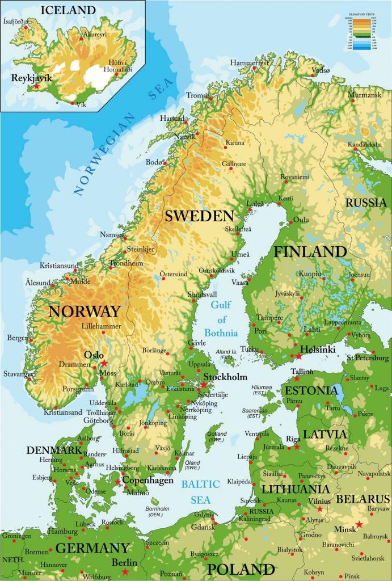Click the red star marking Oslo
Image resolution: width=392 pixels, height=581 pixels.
click(104, 363)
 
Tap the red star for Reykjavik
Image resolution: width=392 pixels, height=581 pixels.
click(37, 87)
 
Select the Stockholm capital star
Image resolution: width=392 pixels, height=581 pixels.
click(204, 385)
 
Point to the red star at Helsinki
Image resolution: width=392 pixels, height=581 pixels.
click(299, 356)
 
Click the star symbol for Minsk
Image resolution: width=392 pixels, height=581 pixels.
click(359, 524)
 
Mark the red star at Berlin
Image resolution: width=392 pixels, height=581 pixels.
click(125, 571)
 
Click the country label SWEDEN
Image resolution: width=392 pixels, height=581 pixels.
click(199, 216)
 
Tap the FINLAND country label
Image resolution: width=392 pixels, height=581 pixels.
click(310, 252)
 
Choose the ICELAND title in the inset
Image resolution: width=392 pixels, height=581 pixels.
click(68, 10)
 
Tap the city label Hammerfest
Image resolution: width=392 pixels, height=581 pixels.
click(250, 62)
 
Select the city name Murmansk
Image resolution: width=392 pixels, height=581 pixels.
click(368, 95)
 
